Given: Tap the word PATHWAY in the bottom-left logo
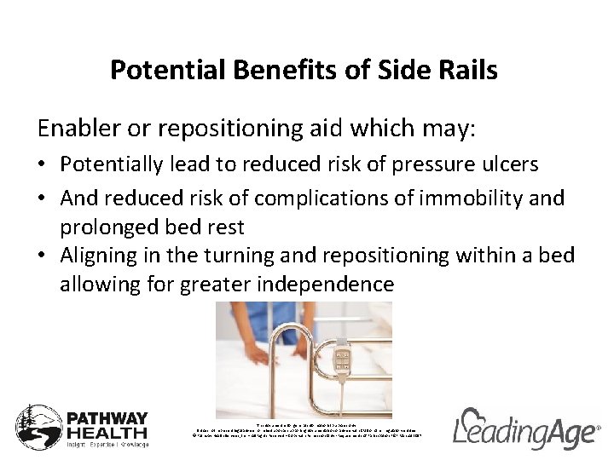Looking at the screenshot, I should pos(107,420).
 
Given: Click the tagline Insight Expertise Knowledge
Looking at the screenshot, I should pos(107,445).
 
